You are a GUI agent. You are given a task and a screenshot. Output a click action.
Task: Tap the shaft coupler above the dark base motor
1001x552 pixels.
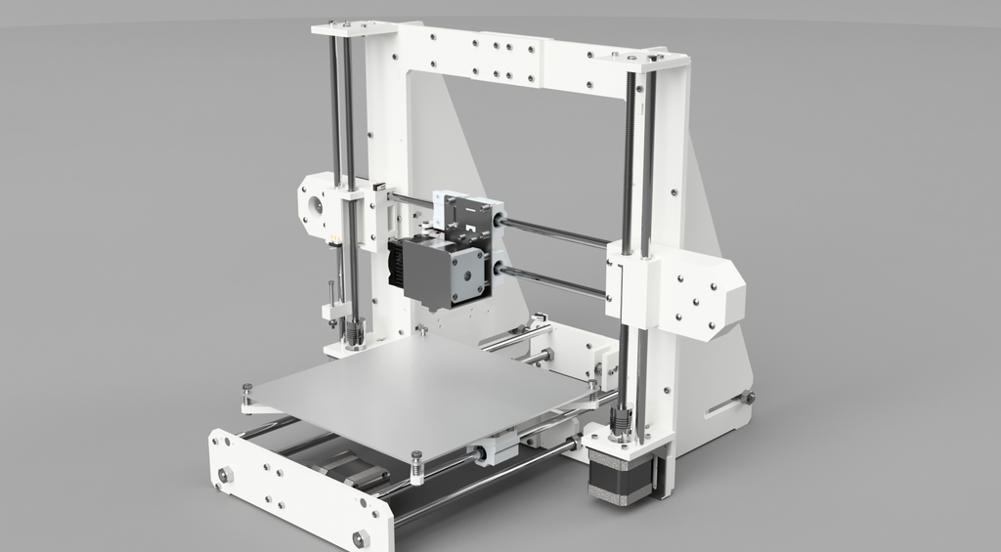tap(620, 423)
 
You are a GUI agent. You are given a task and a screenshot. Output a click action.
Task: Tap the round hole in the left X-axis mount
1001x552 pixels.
tap(316, 206)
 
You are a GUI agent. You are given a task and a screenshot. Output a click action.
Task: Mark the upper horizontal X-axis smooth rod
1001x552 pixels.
tap(552, 234)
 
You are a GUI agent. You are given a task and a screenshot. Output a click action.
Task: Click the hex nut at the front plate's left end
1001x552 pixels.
tap(226, 475)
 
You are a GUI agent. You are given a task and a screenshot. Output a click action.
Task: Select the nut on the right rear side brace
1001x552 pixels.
tap(748, 397)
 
